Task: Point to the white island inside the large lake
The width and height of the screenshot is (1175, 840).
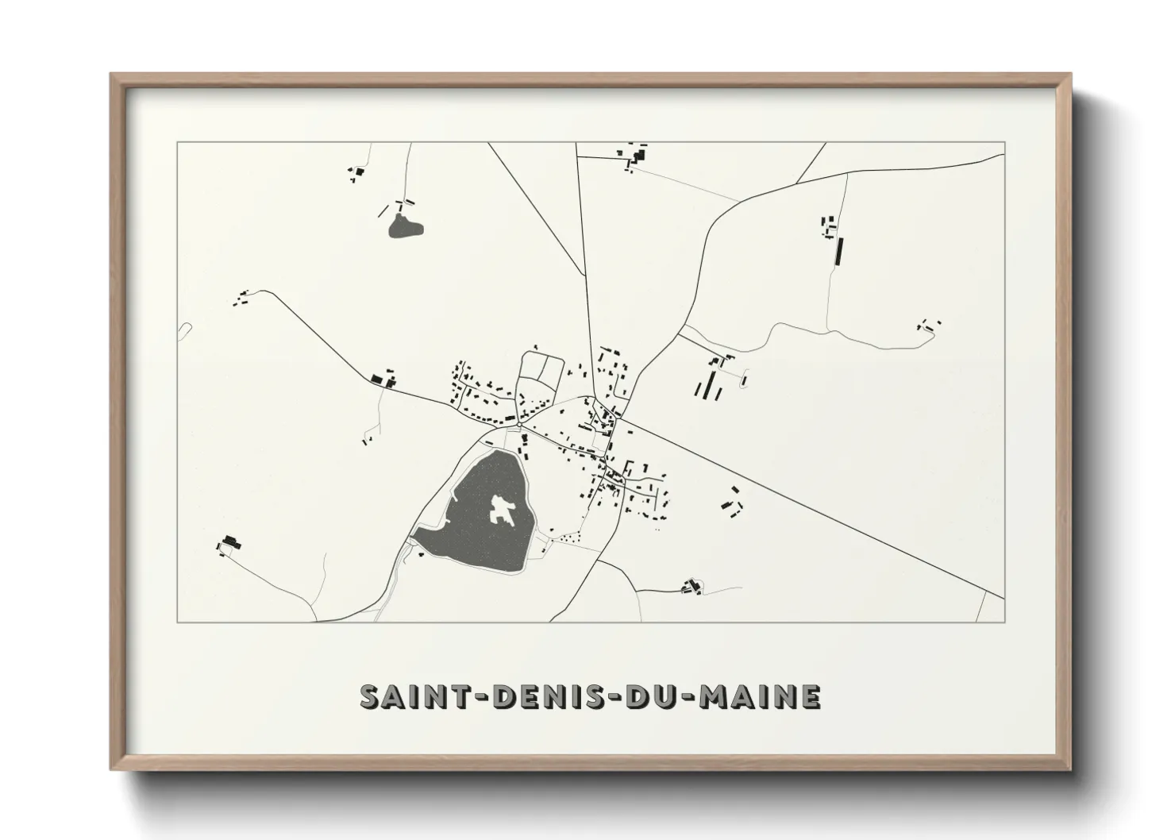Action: [502, 509]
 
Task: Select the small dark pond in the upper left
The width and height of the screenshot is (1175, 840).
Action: [405, 228]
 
